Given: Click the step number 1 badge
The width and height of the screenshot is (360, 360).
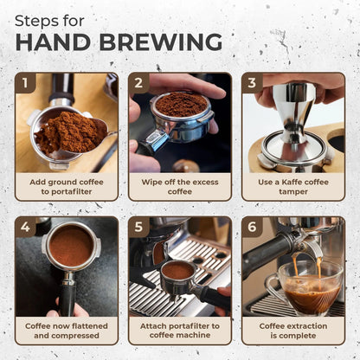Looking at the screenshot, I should point(26,83).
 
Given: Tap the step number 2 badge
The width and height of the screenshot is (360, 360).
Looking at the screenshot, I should point(139,83).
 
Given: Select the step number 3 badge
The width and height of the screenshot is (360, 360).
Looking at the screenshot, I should point(253,83).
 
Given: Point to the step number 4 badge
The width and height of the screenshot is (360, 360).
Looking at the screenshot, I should point(26,228).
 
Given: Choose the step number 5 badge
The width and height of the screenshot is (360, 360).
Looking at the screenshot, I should point(139,228).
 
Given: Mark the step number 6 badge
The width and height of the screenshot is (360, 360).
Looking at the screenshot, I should point(253,228).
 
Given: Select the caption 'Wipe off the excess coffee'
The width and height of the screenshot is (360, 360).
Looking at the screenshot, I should point(180,186).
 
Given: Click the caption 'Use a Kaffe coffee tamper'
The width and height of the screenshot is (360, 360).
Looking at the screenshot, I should point(292,186).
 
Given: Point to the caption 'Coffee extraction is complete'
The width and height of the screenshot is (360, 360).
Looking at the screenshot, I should point(292,331).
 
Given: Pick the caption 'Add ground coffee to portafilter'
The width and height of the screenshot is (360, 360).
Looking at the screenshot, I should point(67,186).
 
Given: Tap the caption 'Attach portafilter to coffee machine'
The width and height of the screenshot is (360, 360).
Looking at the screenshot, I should point(180,331).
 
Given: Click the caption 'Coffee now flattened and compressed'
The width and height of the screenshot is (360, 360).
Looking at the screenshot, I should point(67,331).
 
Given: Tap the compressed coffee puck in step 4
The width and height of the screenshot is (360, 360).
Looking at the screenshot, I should point(70,246).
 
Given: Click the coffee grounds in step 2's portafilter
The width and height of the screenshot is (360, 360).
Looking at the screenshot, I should point(180,105).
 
